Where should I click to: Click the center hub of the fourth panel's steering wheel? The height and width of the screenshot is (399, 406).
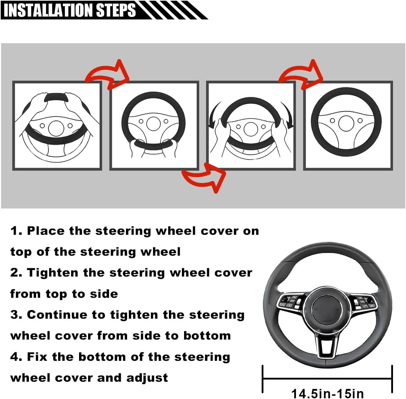click(345, 123)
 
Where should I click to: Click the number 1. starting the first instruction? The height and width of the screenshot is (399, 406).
click(16, 231)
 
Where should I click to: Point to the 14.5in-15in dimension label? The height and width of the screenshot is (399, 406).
click(327, 393)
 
